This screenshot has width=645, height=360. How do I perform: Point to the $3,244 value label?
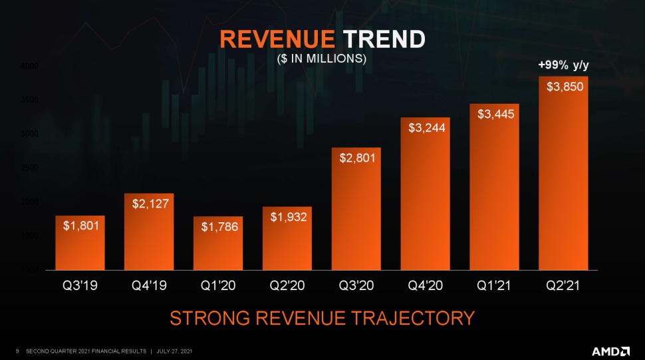pos(426,127)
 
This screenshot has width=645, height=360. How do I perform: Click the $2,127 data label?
pos(149,203)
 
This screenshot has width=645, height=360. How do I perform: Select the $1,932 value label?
pos(288,217)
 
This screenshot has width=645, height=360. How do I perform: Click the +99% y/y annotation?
pos(563,65)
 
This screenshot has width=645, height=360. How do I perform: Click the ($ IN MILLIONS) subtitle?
pos(322,59)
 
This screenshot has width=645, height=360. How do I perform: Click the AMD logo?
pos(611,350)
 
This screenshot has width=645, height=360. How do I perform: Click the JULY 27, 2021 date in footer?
pos(176,351)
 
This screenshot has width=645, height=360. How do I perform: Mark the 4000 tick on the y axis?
pos(29,66)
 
